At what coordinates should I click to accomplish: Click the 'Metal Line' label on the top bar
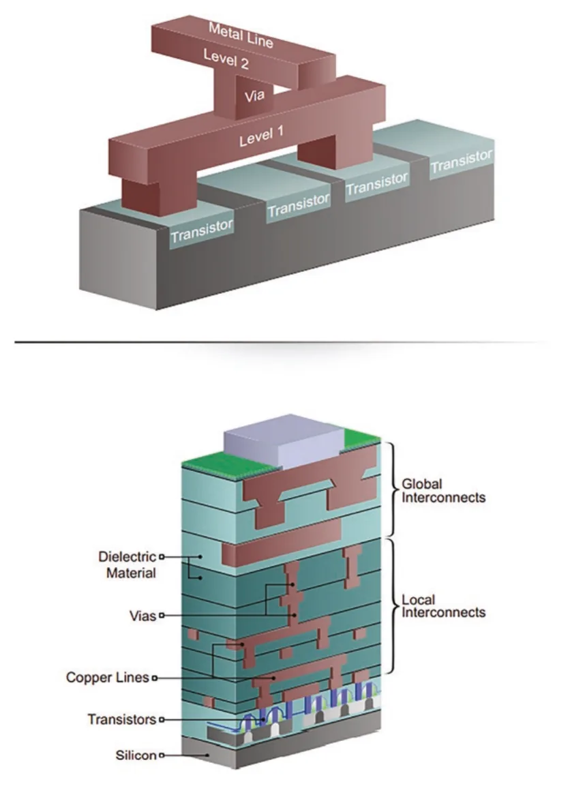pos(241,35)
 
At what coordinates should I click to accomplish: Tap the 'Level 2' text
pos(226,59)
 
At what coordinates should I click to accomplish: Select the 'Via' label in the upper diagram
pos(254,95)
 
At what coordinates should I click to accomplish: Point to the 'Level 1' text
pos(261,136)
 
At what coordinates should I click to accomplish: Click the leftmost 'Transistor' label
pos(202,230)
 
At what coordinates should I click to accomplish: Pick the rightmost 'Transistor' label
pos(462,161)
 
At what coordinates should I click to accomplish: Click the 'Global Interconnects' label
pos(443,491)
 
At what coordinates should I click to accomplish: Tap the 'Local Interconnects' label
pos(443,605)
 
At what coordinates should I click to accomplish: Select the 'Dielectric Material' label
pos(127,564)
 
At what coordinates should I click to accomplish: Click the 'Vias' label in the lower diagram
pos(142,616)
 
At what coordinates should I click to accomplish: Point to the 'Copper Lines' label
pos(108,677)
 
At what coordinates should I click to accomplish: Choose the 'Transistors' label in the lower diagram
pos(121,719)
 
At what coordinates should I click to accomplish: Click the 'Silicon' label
pos(136,755)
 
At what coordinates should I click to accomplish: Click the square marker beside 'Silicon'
pos(162,755)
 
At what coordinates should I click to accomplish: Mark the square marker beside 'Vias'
pos(162,616)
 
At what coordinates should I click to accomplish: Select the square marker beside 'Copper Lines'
pos(155,678)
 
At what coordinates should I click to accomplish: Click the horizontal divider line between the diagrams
pos(282,342)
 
